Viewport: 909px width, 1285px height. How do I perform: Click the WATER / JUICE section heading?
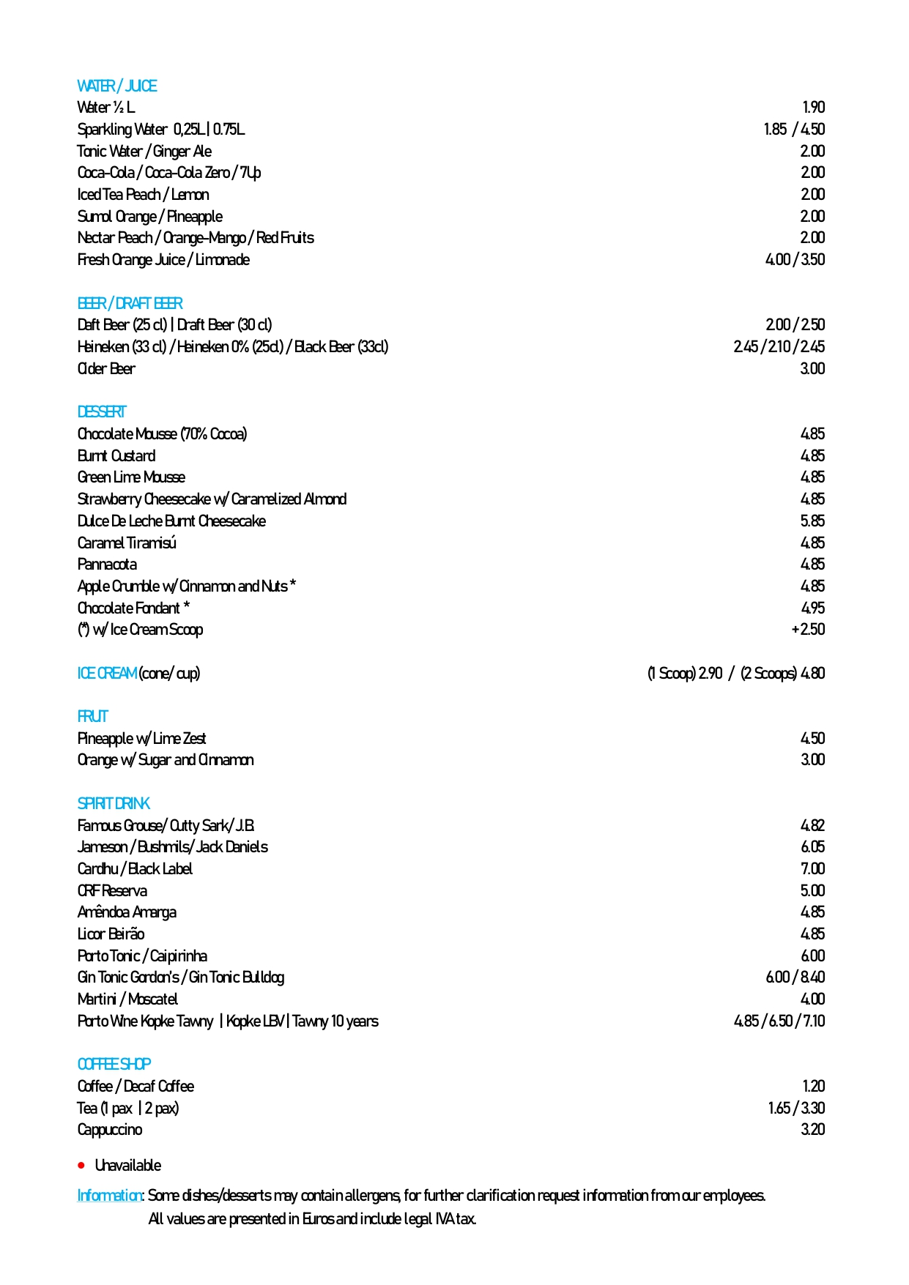point(116,86)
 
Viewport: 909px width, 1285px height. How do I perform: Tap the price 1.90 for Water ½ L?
point(813,108)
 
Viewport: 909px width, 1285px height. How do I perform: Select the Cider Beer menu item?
point(106,368)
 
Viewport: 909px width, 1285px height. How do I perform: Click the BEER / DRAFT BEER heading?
point(130,303)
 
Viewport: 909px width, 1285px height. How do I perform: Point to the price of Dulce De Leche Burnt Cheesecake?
point(812,521)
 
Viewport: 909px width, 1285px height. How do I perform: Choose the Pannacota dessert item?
point(107,565)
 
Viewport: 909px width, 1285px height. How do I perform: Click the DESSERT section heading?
point(102,411)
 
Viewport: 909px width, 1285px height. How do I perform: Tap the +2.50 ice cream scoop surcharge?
point(808,630)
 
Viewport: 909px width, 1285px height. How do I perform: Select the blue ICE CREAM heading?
point(107,673)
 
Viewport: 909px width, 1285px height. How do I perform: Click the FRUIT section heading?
point(92,716)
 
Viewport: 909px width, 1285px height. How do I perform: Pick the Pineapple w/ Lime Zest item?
point(141,738)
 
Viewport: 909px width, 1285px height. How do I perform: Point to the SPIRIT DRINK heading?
point(114,803)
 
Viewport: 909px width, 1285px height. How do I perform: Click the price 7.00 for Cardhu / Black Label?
point(812,869)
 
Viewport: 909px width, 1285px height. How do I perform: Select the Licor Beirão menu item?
point(111,934)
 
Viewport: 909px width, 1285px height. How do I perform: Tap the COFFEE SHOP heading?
point(114,1064)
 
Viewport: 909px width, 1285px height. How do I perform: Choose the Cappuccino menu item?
point(110,1130)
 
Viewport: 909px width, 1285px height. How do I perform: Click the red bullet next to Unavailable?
point(81,1165)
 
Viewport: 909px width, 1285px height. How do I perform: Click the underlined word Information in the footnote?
point(110,1196)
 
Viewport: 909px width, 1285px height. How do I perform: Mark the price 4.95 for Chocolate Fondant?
point(812,608)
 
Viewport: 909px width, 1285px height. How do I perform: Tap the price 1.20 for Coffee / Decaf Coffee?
point(813,1087)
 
